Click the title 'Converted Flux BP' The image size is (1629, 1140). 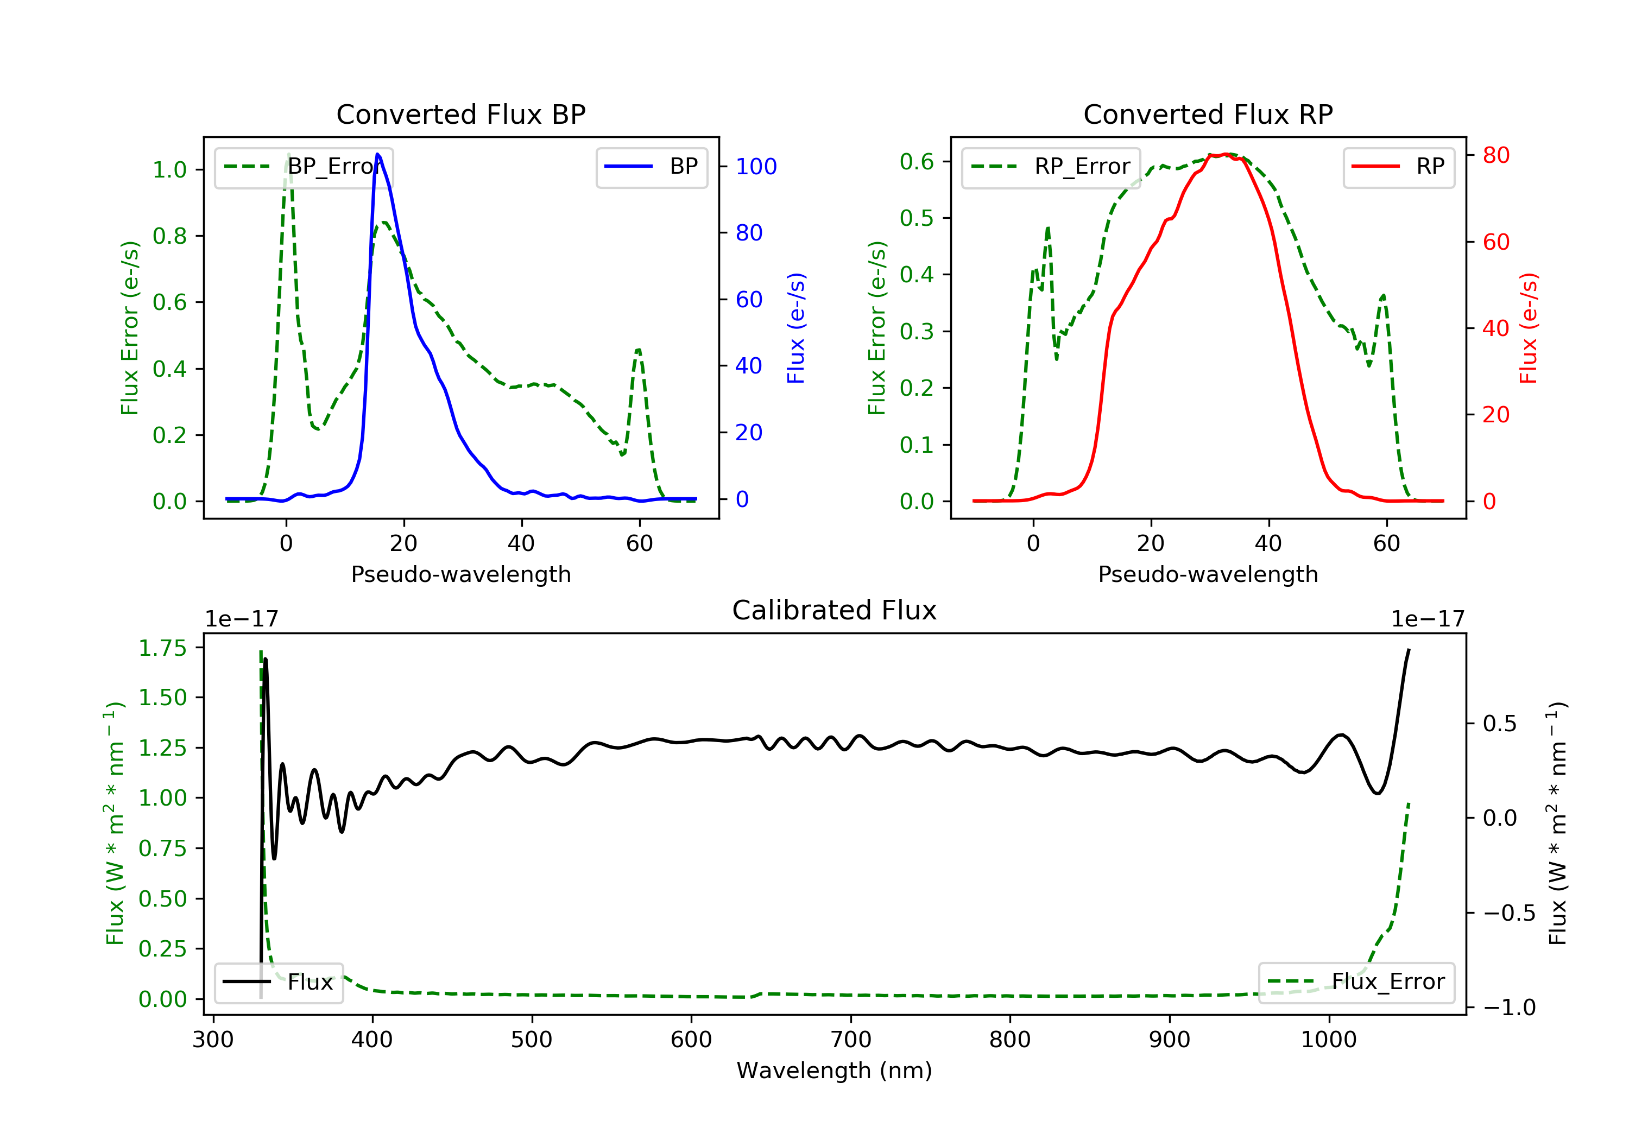click(x=460, y=114)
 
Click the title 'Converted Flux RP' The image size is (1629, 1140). click(x=1208, y=114)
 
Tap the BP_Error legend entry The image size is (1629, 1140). click(x=304, y=167)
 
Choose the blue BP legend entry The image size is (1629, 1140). click(x=651, y=167)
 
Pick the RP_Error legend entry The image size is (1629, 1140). click(x=1051, y=167)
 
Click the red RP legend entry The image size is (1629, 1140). click(x=1398, y=167)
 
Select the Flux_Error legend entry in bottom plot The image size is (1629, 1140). click(x=1356, y=982)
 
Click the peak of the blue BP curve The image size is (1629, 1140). click(x=377, y=154)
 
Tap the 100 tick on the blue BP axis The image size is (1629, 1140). click(x=756, y=167)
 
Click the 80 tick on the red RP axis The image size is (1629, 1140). click(x=1495, y=155)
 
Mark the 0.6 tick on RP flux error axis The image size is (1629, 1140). click(x=917, y=162)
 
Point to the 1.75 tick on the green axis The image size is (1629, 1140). click(x=162, y=648)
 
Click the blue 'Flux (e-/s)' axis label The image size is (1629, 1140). click(x=796, y=328)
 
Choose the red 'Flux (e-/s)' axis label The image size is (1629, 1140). click(x=1528, y=328)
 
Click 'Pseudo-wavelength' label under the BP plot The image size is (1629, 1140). click(x=460, y=574)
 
